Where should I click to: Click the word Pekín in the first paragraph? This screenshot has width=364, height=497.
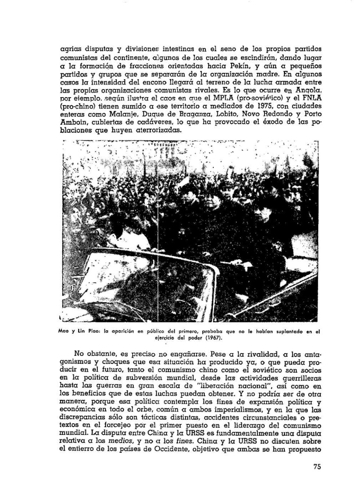click(238, 66)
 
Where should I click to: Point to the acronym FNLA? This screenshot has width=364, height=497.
click(312, 98)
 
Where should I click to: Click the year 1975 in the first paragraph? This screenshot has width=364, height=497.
click(228, 106)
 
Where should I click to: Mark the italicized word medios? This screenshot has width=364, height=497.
click(121, 441)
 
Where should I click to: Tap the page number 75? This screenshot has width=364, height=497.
click(317, 467)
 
